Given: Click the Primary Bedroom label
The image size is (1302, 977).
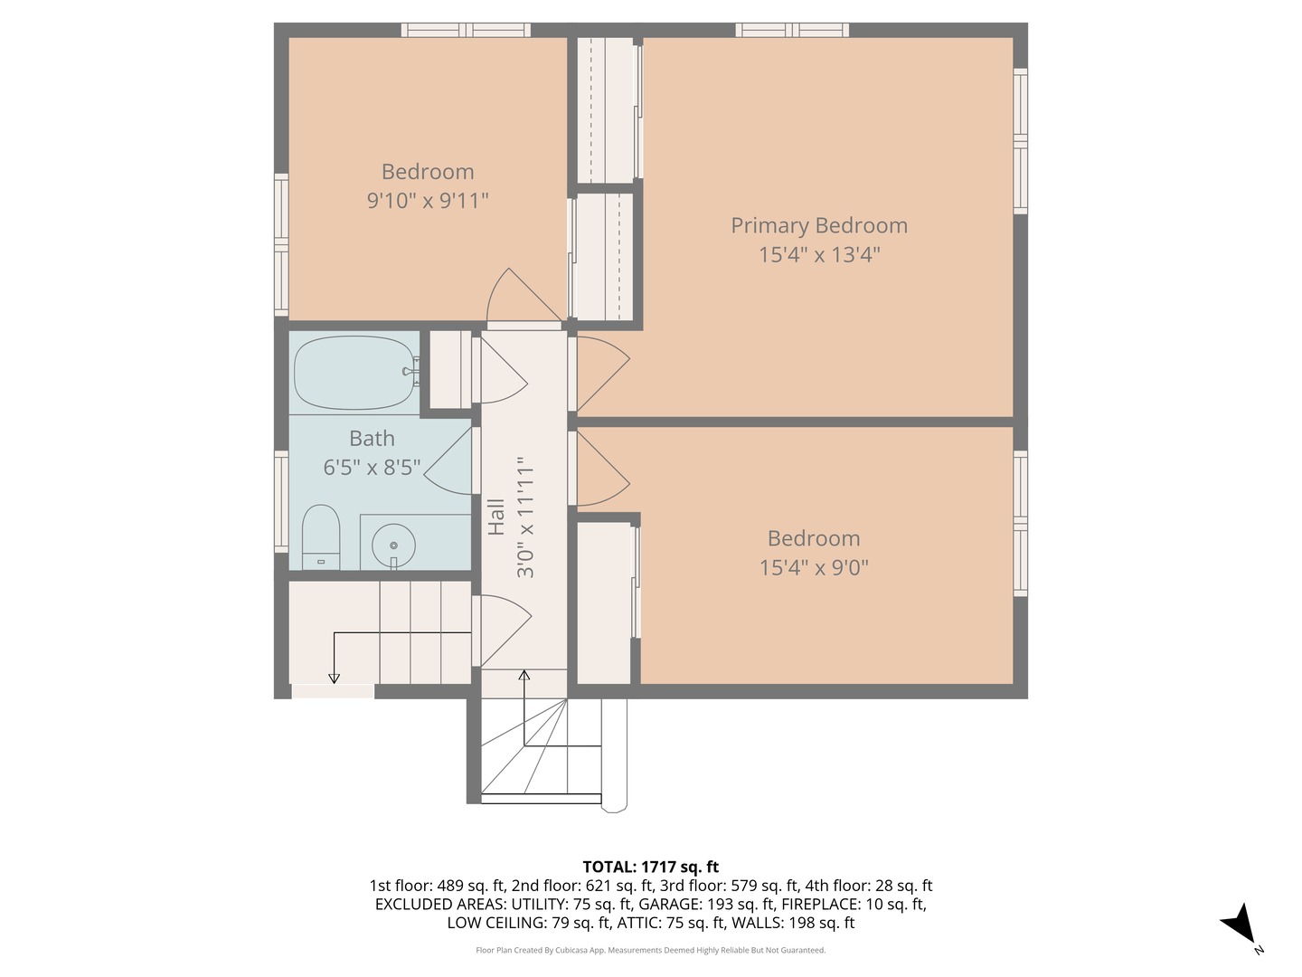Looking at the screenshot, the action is (x=818, y=225).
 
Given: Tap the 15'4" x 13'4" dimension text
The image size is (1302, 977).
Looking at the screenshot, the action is (x=819, y=254).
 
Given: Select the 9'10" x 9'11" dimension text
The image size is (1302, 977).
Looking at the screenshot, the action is (x=427, y=201).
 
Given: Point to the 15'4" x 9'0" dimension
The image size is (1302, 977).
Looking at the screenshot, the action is (x=814, y=568).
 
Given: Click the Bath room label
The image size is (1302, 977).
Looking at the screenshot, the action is (x=372, y=439).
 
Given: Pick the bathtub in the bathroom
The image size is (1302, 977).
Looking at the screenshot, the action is (x=354, y=373).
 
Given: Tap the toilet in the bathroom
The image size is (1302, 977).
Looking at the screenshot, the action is (x=320, y=536).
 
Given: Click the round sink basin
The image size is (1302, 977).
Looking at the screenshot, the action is (x=393, y=545).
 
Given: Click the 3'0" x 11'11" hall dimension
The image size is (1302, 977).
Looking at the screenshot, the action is (x=525, y=517).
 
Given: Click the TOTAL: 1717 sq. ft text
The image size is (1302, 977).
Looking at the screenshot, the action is (x=651, y=867).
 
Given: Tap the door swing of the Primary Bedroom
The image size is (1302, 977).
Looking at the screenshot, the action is (x=603, y=374).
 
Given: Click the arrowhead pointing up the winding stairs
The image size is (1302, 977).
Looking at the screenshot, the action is (x=524, y=675).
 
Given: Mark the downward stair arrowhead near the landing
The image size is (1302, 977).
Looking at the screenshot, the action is (x=334, y=678).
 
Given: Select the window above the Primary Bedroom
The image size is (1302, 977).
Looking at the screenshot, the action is (x=792, y=30).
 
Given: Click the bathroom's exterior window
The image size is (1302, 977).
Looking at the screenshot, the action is (x=281, y=501).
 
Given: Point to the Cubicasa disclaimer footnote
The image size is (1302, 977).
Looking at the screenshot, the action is (x=651, y=950).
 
